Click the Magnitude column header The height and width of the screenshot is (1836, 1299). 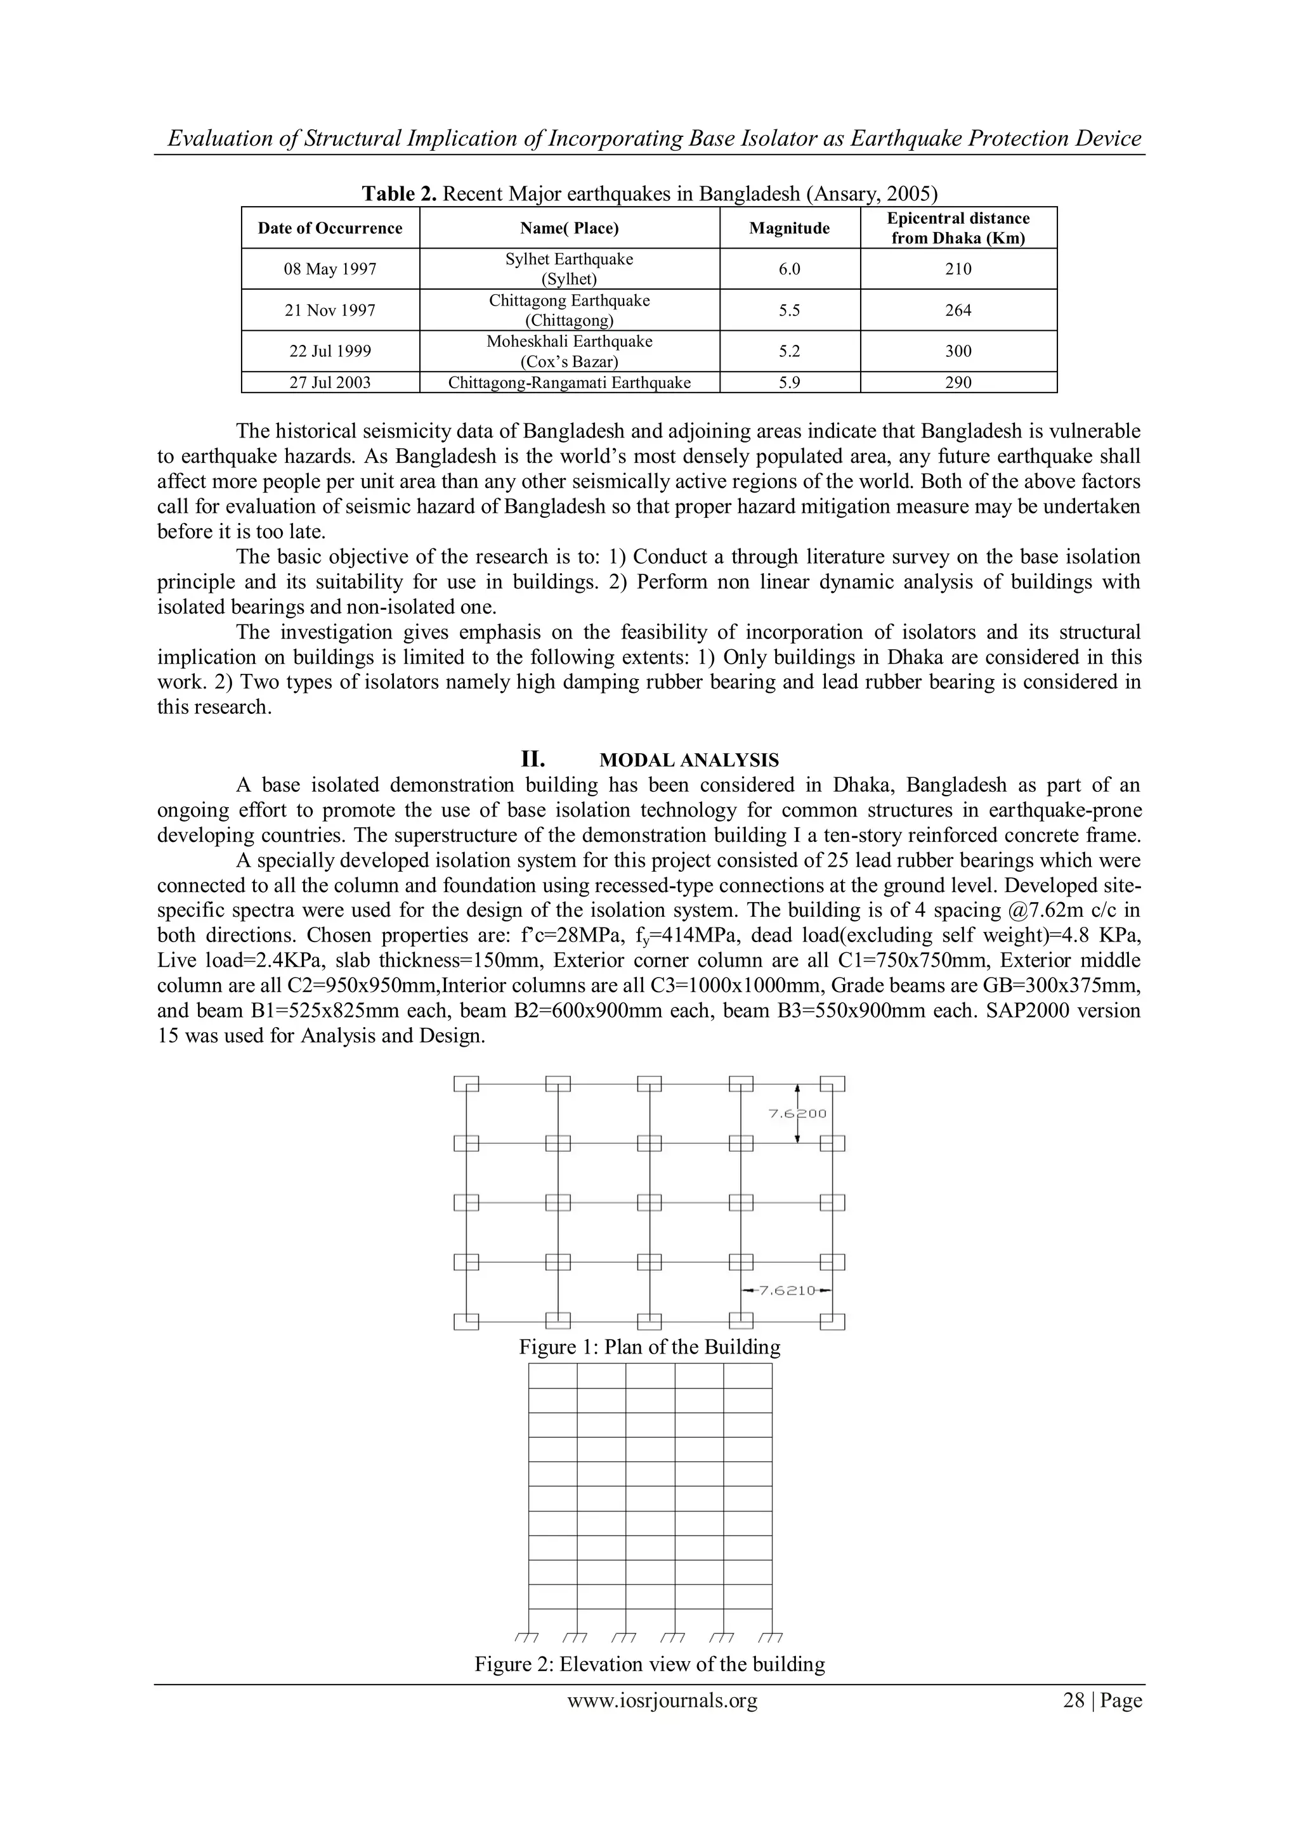pyautogui.click(x=788, y=228)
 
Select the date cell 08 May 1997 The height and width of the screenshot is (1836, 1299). pyautogui.click(x=330, y=269)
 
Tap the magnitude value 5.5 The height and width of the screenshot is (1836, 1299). pyautogui.click(x=788, y=310)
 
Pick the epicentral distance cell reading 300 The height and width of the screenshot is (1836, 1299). pyautogui.click(x=958, y=351)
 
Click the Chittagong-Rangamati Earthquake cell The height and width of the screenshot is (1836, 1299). pyautogui.click(x=569, y=382)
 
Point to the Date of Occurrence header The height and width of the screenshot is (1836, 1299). pyautogui.click(x=330, y=228)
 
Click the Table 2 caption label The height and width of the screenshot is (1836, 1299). pyautogui.click(x=399, y=193)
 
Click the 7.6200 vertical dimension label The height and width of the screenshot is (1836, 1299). pyautogui.click(x=797, y=1113)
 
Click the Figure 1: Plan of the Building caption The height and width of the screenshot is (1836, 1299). pyautogui.click(x=649, y=1347)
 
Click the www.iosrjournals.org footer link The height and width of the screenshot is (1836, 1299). pyautogui.click(x=662, y=1701)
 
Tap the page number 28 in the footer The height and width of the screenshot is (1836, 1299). pyautogui.click(x=1073, y=1701)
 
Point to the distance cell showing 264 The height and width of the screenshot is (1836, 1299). pyautogui.click(x=958, y=310)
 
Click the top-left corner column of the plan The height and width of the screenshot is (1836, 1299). pyautogui.click(x=466, y=1084)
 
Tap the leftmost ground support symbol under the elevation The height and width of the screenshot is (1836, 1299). pyautogui.click(x=526, y=1635)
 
